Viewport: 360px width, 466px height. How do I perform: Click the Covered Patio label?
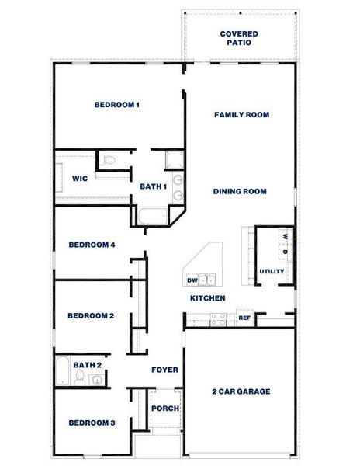[x=239, y=39]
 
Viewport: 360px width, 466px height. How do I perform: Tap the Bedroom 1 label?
[x=116, y=105]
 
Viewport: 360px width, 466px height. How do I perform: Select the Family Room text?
[x=241, y=114]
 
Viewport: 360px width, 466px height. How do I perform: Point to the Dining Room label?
[x=241, y=191]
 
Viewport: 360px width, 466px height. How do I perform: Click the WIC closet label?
[x=79, y=178]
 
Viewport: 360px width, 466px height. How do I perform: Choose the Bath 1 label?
[x=153, y=186]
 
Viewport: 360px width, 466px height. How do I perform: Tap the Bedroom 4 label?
[x=92, y=245]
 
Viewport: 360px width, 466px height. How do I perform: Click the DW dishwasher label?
[x=192, y=280]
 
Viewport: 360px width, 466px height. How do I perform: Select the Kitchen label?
[x=208, y=298]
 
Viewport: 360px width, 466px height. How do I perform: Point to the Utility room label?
[x=272, y=271]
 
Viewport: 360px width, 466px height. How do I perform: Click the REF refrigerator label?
[x=244, y=318]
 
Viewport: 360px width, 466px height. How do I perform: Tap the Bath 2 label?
[x=87, y=364]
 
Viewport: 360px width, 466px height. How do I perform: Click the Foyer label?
[x=164, y=370]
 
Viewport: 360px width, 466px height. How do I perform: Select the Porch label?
[x=164, y=409]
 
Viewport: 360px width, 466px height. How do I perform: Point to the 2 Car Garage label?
[x=241, y=391]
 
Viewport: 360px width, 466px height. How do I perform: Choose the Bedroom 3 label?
[x=92, y=423]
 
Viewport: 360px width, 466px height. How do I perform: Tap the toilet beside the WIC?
[x=110, y=161]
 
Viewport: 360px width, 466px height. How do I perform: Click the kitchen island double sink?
[x=207, y=279]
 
